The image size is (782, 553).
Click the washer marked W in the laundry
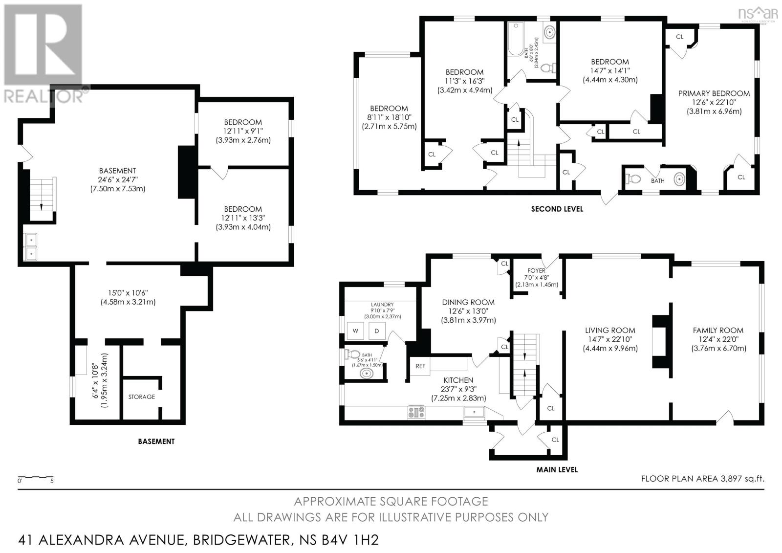[355, 331]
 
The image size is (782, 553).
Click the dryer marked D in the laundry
[377, 331]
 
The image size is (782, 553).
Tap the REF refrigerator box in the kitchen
[420, 366]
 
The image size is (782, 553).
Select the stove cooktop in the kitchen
[416, 412]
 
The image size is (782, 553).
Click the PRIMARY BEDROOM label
[714, 93]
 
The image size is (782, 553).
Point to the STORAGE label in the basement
[142, 397]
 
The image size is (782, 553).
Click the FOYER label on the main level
[536, 270]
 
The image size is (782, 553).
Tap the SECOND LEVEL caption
[557, 209]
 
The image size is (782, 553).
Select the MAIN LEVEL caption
[557, 469]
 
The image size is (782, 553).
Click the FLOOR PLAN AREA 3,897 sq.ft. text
[702, 479]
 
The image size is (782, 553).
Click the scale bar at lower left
[36, 476]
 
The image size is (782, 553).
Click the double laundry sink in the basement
[30, 247]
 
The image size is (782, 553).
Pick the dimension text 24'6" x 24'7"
[117, 179]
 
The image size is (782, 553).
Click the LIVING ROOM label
[610, 331]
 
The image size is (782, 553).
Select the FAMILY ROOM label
[718, 331]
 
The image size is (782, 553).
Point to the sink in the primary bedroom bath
[679, 180]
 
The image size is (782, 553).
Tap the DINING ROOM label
[468, 302]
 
